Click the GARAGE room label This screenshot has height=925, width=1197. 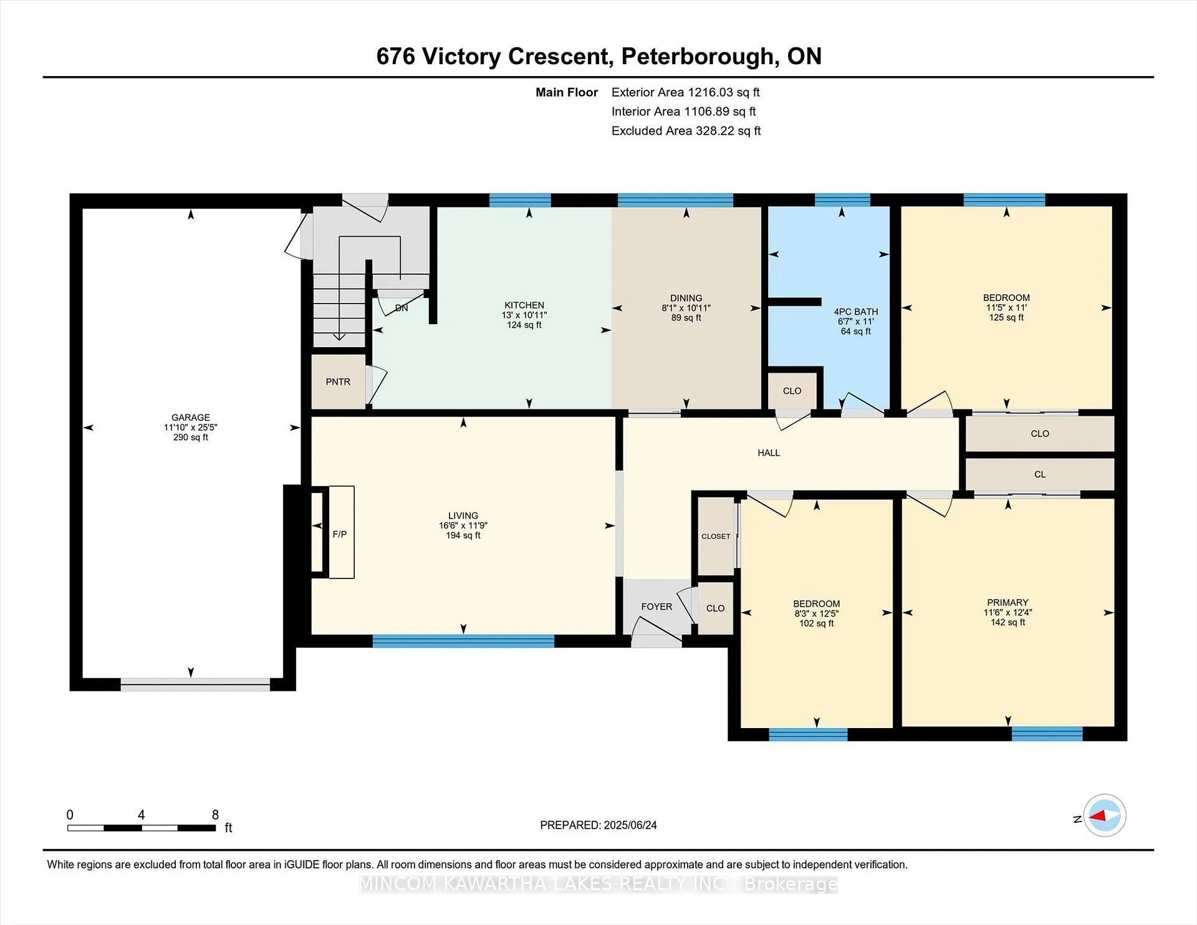(191, 418)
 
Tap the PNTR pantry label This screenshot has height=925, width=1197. (338, 382)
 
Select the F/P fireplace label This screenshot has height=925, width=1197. (340, 534)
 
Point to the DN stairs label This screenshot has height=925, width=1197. (401, 308)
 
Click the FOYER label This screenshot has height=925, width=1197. (656, 606)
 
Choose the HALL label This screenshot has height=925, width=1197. (769, 453)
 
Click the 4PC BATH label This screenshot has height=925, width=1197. (856, 312)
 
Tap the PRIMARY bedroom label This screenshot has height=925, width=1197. (1007, 603)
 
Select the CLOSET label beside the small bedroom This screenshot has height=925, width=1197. (716, 536)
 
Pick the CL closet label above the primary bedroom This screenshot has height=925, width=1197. (1040, 474)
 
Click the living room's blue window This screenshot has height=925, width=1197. (463, 641)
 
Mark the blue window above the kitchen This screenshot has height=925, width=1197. (520, 200)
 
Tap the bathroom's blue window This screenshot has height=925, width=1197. (842, 200)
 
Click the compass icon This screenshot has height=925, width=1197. (1105, 815)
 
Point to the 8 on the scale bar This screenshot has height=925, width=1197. (215, 815)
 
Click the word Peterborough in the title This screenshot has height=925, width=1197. (699, 57)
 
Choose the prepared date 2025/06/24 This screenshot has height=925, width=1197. (630, 825)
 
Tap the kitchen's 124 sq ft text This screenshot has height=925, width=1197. (524, 325)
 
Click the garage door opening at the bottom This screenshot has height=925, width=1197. (195, 684)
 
